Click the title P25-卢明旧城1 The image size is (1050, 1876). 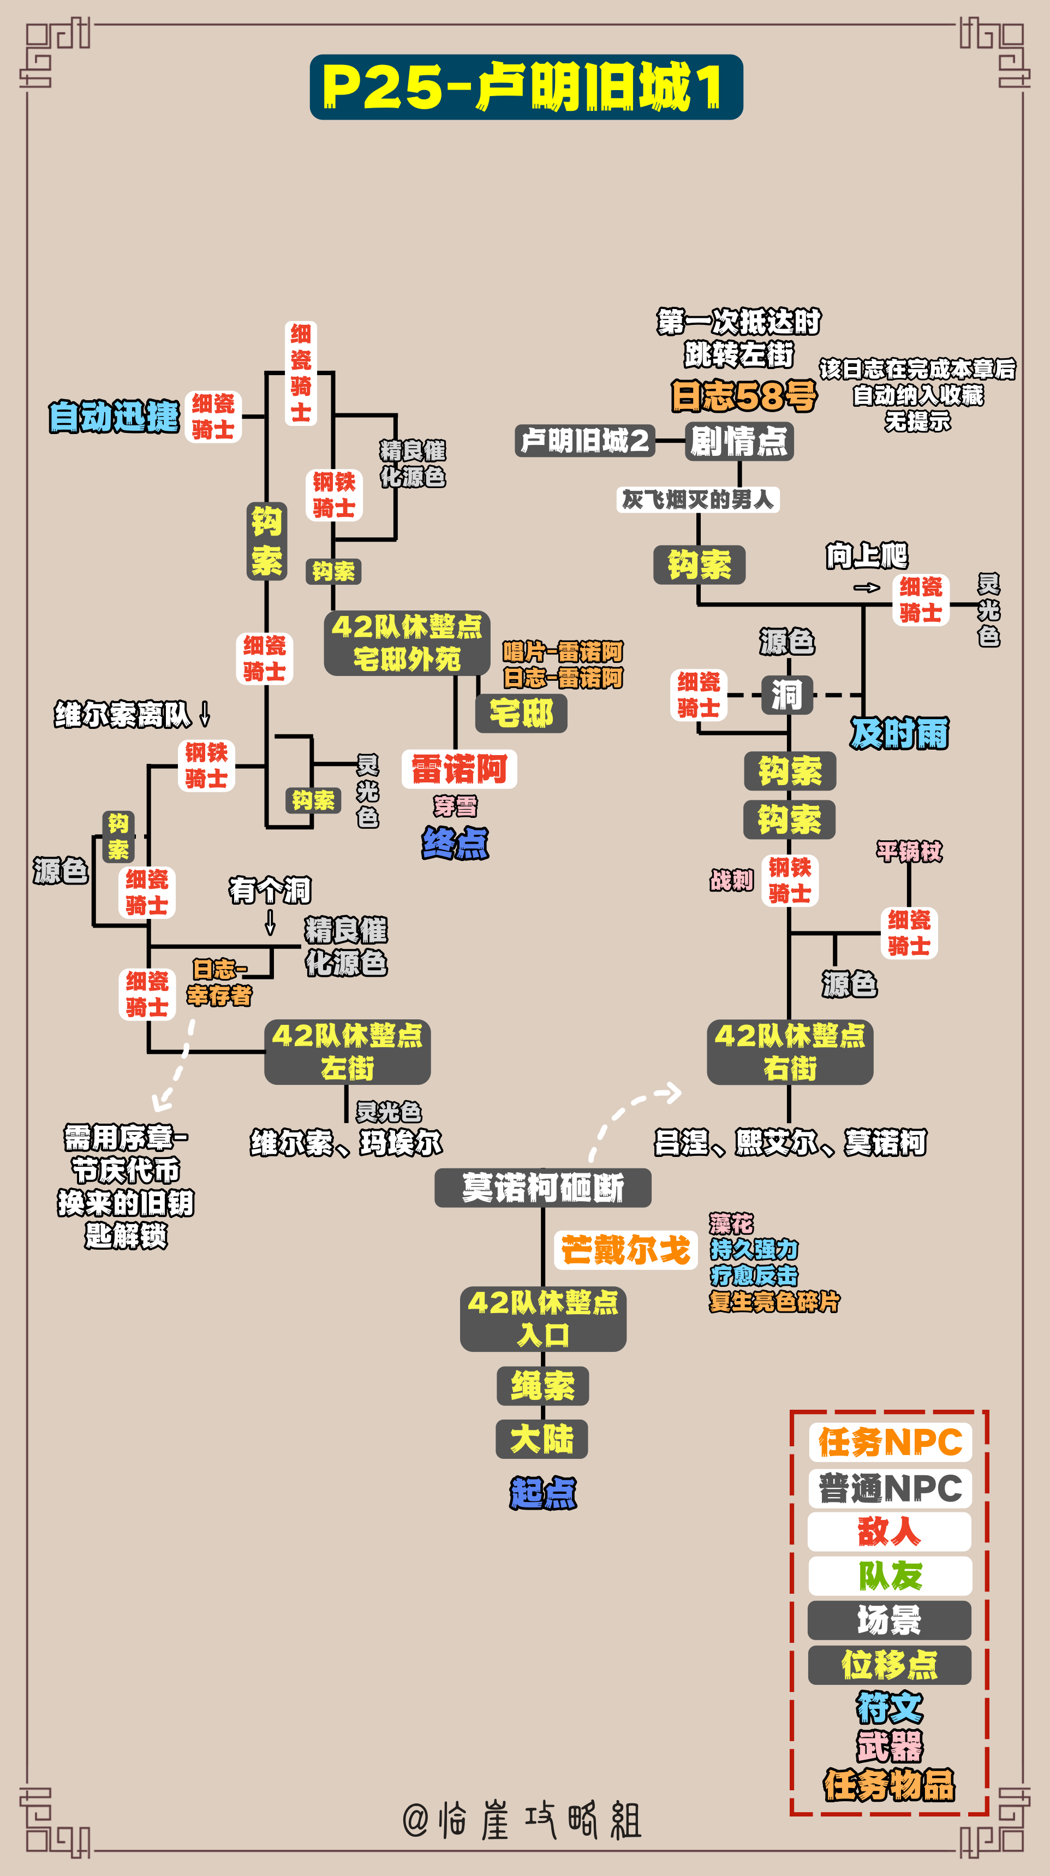coord(526,87)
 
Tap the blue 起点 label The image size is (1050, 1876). coord(543,1493)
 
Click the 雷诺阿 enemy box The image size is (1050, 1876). coord(460,769)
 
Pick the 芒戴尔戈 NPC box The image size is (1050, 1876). coord(625,1250)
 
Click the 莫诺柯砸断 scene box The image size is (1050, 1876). coord(542,1188)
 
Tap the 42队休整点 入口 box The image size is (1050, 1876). coord(543,1319)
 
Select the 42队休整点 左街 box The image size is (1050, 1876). coord(347,1052)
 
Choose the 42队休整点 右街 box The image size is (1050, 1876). coord(790,1052)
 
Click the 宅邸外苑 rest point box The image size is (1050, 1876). coord(407,643)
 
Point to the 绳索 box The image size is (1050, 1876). coord(542,1386)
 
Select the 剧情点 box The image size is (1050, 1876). coord(739,441)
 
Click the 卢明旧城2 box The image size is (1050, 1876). coord(584,441)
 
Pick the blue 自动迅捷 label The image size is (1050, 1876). coord(114,417)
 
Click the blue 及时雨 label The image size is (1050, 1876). coord(899,733)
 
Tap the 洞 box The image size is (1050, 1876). coord(787,694)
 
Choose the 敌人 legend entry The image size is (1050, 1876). coord(889,1531)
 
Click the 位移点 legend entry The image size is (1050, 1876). coord(889,1665)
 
